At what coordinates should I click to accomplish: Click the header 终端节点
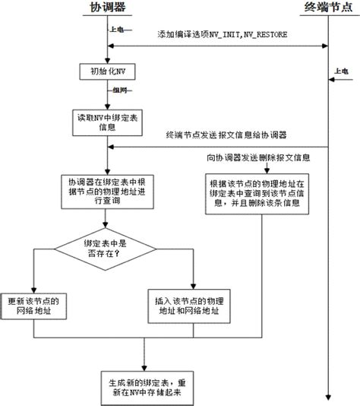click(x=327, y=8)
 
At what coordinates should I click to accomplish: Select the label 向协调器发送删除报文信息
click(x=258, y=159)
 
